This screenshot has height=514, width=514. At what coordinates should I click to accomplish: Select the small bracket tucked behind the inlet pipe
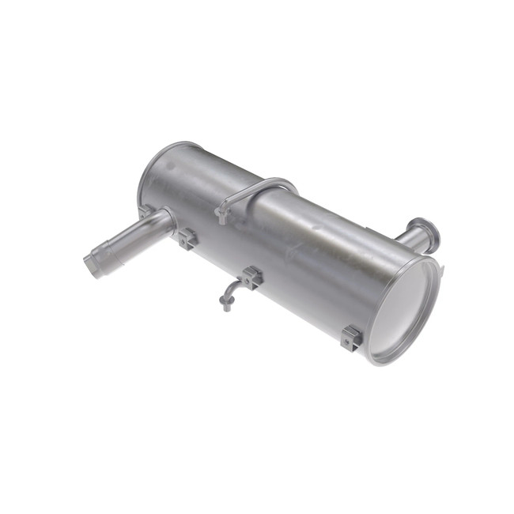coord(145,210)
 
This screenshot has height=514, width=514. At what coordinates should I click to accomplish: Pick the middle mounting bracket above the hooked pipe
coord(251,277)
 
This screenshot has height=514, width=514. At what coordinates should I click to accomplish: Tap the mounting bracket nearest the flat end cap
coord(350,338)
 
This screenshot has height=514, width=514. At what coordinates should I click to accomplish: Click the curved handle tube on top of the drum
coord(261,187)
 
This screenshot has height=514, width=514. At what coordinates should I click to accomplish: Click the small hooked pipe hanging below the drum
coord(231,294)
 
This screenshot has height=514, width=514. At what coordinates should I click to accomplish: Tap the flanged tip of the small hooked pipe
coord(227,306)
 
